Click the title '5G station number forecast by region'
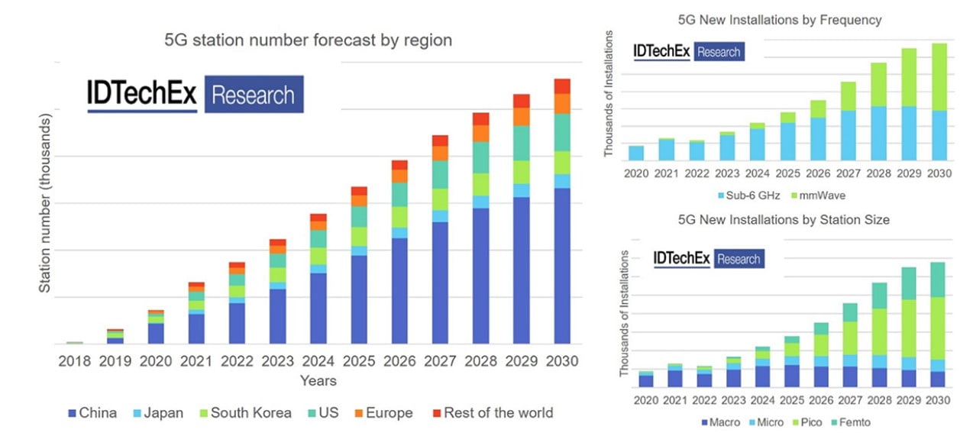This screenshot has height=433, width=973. click(308, 40)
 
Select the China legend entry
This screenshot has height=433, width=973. click(92, 413)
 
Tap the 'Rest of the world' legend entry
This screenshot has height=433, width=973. click(492, 413)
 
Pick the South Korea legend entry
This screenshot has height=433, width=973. click(244, 413)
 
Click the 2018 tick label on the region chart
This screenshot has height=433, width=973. click(74, 361)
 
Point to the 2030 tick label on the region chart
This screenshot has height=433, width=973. click(562, 361)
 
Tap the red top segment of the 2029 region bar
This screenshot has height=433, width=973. click(522, 101)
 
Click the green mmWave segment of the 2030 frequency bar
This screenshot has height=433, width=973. click(939, 76)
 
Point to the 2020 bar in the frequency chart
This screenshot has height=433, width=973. click(636, 153)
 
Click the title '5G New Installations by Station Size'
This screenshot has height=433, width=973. click(784, 220)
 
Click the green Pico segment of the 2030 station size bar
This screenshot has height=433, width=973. click(937, 328)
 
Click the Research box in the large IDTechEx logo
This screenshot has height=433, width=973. click(254, 95)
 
